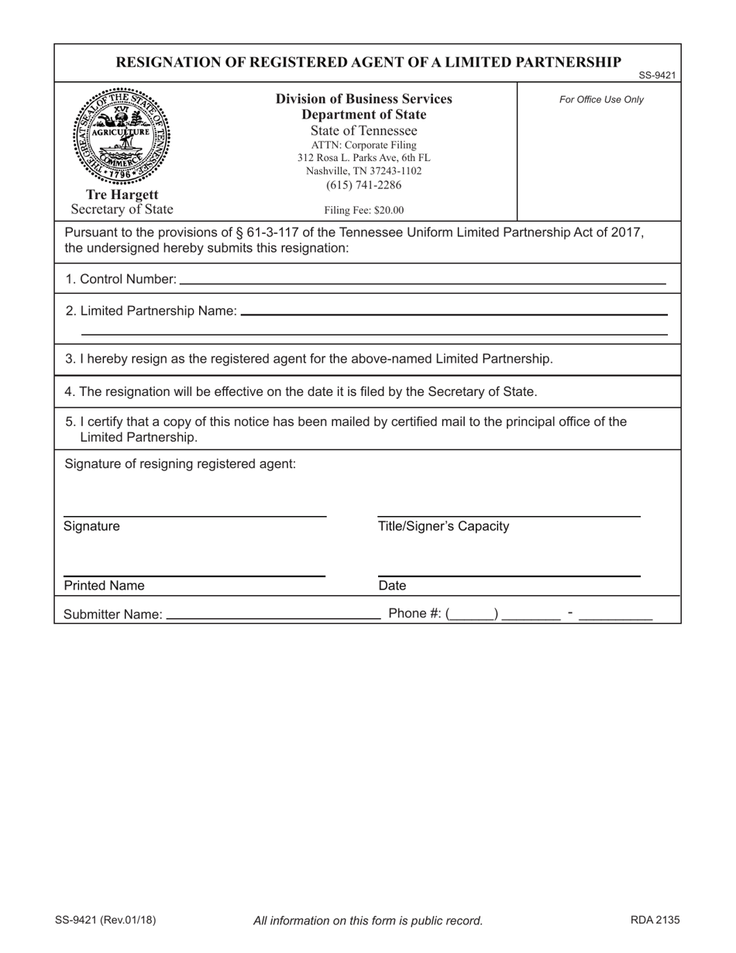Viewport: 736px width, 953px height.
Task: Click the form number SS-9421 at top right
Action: [657, 75]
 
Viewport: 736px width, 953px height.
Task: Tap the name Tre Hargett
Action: [122, 194]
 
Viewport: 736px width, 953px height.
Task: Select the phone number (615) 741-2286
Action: [363, 185]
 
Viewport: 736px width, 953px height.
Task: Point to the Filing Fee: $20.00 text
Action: [363, 210]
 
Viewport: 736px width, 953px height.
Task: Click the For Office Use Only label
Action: [601, 99]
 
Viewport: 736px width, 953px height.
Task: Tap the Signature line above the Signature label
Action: [194, 515]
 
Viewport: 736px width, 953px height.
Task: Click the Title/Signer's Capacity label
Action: [443, 527]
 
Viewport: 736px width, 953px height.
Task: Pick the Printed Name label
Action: [104, 586]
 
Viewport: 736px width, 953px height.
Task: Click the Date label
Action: [392, 586]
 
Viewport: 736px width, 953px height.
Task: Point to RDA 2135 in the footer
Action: [655, 920]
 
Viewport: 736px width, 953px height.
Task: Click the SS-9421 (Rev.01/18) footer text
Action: [105, 920]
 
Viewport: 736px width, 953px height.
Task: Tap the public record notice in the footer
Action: [368, 920]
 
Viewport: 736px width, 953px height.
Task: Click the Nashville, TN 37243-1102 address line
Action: [363, 171]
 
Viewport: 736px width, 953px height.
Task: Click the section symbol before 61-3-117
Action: [239, 232]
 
